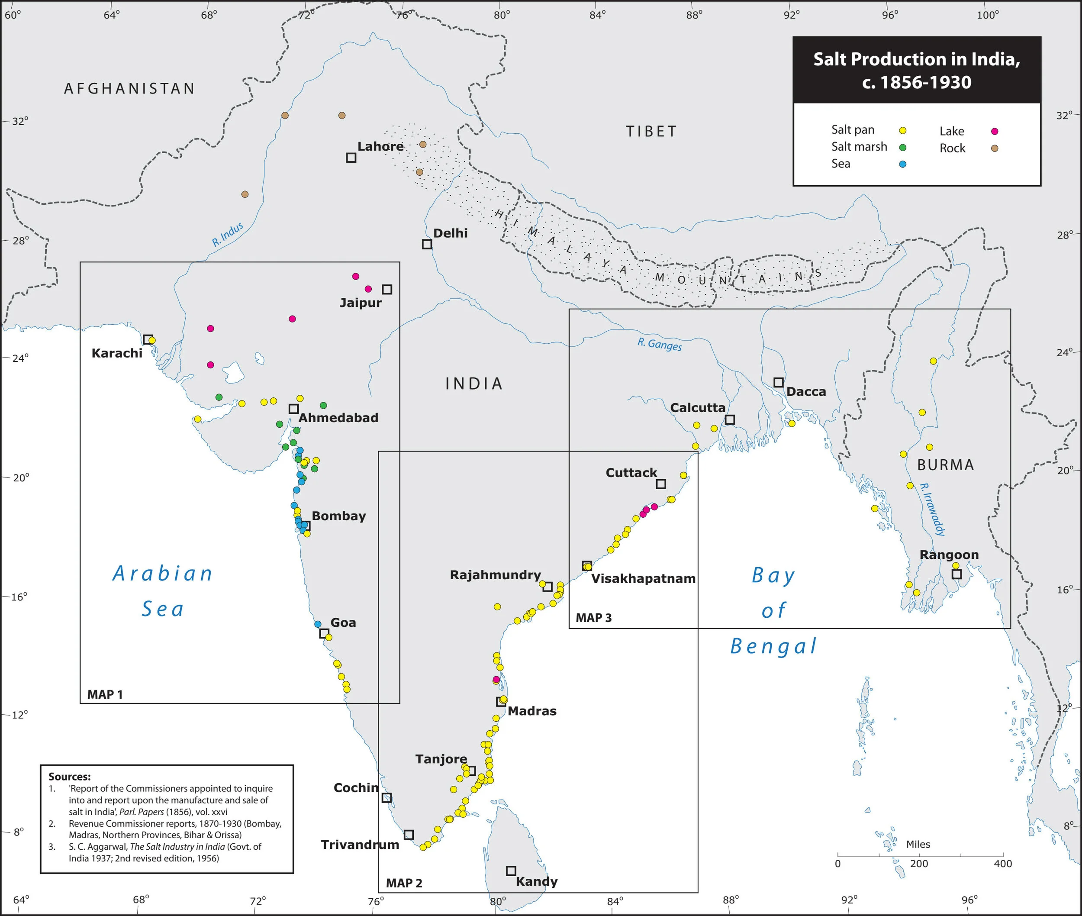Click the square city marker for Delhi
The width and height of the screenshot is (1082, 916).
(427, 244)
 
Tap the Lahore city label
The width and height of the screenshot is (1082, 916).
(380, 146)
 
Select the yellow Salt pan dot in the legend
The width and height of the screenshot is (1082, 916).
(902, 131)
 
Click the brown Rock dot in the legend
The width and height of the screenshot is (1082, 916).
(994, 148)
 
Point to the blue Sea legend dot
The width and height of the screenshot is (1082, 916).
(902, 164)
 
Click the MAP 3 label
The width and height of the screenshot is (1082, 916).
(593, 618)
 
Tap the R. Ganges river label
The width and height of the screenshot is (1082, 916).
(660, 344)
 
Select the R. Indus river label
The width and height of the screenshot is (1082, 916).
(227, 235)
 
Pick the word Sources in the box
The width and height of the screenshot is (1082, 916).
(69, 777)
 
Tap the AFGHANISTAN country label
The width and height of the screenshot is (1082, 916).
(129, 89)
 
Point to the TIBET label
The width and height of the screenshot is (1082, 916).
(651, 131)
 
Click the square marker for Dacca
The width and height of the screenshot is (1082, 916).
(778, 383)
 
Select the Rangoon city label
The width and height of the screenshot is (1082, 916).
(949, 555)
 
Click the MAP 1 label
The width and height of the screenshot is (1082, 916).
(105, 695)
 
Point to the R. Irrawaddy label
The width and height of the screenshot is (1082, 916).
(932, 510)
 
